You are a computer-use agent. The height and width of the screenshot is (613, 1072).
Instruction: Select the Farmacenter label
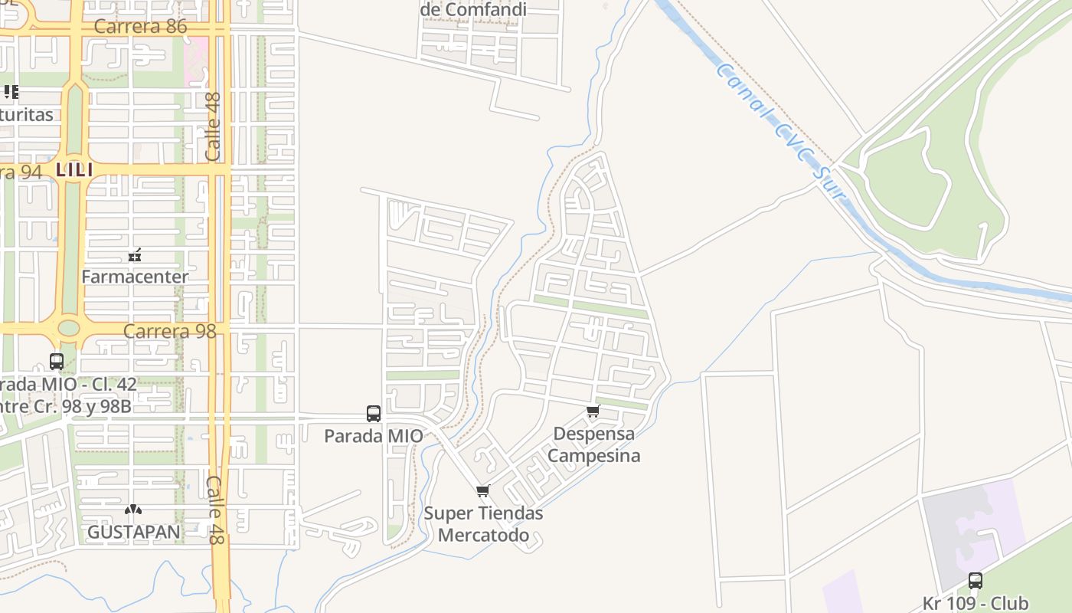click(x=135, y=277)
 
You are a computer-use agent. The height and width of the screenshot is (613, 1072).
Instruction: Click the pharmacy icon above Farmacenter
click(x=135, y=255)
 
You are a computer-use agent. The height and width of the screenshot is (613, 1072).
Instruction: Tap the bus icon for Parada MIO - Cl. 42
click(x=57, y=362)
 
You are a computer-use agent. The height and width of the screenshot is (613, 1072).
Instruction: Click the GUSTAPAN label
click(x=134, y=533)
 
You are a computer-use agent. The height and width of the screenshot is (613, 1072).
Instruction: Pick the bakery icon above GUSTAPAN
click(x=133, y=510)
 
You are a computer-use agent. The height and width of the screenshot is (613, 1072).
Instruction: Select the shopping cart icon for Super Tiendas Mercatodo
click(x=482, y=491)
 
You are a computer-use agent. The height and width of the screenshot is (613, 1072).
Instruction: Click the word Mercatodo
click(x=482, y=535)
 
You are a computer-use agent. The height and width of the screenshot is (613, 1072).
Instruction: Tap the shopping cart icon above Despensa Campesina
click(x=593, y=411)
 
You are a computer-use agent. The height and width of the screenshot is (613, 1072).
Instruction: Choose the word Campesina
click(x=594, y=456)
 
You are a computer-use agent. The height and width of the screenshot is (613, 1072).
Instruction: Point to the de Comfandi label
click(x=473, y=10)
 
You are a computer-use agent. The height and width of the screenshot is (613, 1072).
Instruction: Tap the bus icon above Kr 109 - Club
click(x=975, y=581)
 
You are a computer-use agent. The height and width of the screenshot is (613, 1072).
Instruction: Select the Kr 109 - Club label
click(x=976, y=603)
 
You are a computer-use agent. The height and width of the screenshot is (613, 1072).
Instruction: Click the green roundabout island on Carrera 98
click(x=69, y=329)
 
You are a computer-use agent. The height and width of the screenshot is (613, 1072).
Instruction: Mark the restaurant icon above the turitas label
click(x=11, y=93)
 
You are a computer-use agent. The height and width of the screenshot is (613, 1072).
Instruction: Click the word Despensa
click(x=594, y=434)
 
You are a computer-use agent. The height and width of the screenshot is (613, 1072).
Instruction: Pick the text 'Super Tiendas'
click(x=484, y=513)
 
